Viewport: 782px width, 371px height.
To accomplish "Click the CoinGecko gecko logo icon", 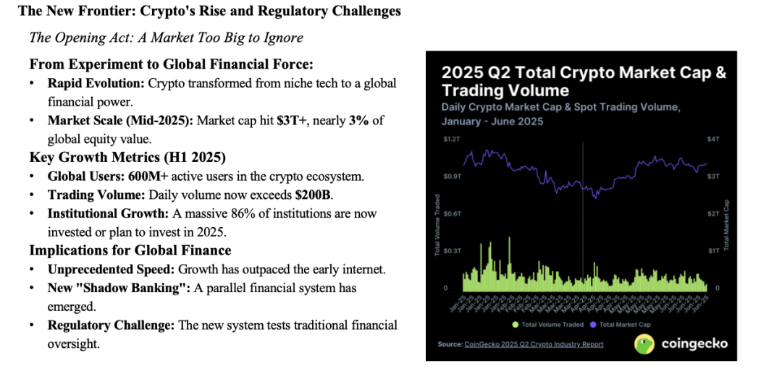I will click(644, 344).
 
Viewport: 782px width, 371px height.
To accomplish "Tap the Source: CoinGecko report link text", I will click(520, 344).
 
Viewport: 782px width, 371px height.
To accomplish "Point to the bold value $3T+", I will click(291, 120).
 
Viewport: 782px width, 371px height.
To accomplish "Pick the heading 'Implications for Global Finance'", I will click(130, 251).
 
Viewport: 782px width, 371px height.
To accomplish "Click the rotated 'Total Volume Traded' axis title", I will click(437, 225).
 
